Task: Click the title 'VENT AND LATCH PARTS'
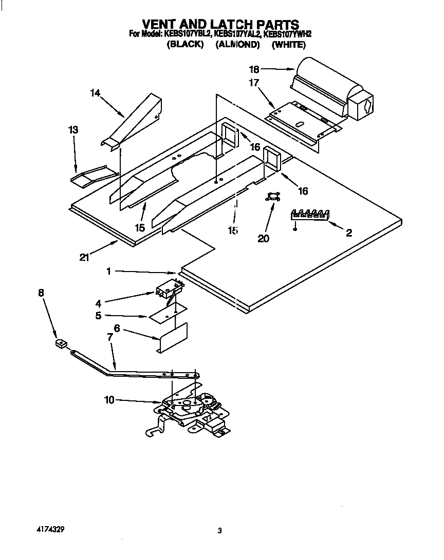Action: [220, 24]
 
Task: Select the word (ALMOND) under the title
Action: [237, 45]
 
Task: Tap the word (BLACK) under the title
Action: [186, 45]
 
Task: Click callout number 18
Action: [254, 69]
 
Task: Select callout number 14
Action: [95, 93]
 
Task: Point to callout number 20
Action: [263, 238]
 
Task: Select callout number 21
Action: [84, 258]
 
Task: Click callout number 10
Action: [109, 400]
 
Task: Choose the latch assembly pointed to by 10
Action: [190, 408]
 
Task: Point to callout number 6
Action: [117, 329]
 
